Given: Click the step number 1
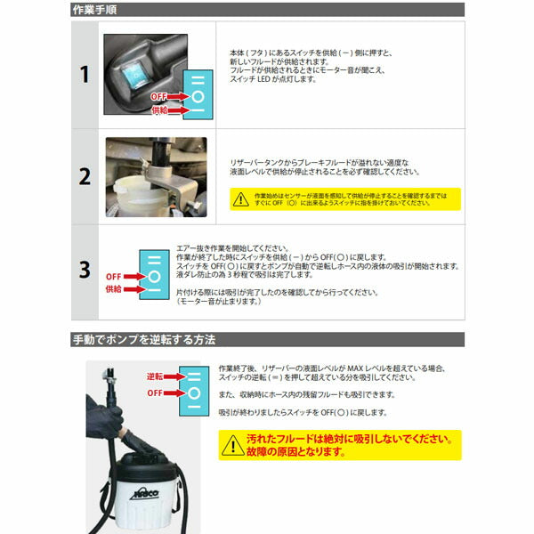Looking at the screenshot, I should click(x=85, y=75).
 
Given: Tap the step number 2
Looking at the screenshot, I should click(x=85, y=175).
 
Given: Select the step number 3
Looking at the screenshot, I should click(x=85, y=269).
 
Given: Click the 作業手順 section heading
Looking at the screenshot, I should click(x=97, y=11).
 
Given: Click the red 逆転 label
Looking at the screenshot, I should click(x=156, y=376).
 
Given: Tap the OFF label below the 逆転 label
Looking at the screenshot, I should click(x=156, y=391).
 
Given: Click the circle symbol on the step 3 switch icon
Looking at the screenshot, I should click(x=154, y=275).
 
